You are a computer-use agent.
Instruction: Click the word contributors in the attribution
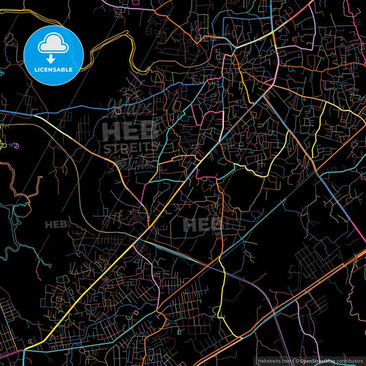pyautogui.click(x=350, y=360)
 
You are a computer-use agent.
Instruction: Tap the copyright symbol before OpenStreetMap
pyautogui.click(x=297, y=360)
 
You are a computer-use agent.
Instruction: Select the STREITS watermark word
pyautogui.click(x=130, y=148)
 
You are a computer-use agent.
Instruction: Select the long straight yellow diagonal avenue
pyautogui.click(x=103, y=275)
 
